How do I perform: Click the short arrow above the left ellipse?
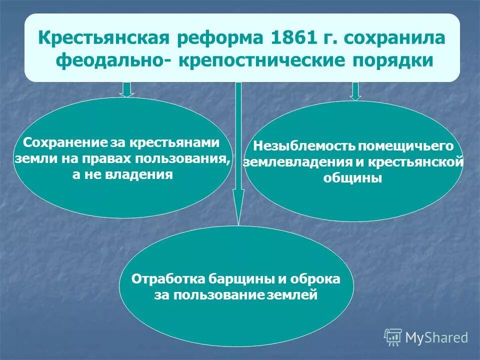(127, 89)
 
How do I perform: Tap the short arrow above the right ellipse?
(355, 91)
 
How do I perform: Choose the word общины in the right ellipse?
(353, 178)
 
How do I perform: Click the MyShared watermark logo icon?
(393, 337)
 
